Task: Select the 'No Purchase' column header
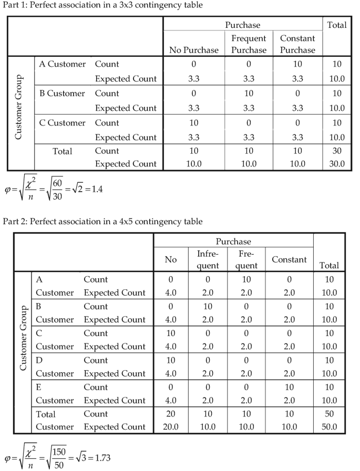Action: click(194, 50)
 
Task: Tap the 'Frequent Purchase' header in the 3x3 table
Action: click(249, 44)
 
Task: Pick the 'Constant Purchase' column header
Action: click(297, 44)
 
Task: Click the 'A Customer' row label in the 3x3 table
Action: click(63, 64)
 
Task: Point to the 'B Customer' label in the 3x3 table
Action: click(63, 93)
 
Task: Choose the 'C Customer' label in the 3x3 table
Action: click(63, 123)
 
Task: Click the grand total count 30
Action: click(336, 151)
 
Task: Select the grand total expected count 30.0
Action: click(336, 163)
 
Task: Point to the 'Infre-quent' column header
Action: click(207, 259)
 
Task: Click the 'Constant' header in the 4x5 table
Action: click(289, 259)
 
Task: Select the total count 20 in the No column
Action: click(171, 414)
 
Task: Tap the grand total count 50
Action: click(330, 414)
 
